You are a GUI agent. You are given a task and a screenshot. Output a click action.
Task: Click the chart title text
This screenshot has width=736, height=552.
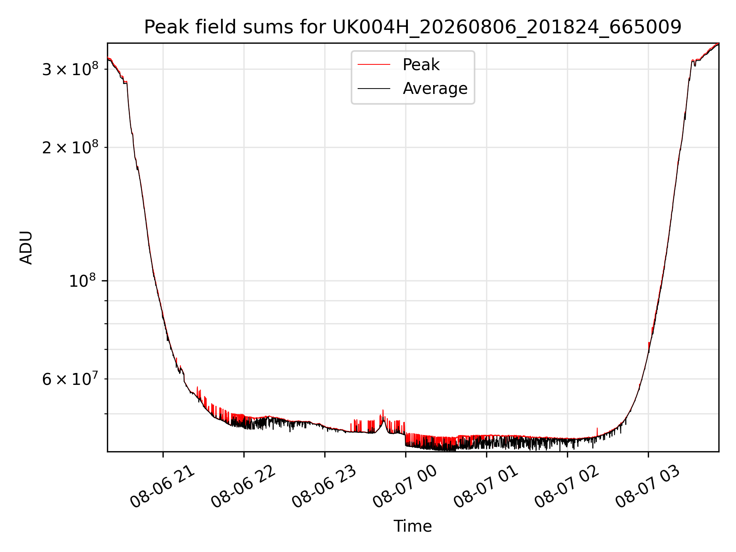click(413, 27)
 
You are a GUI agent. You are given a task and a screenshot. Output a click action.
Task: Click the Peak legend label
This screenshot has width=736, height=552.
click(421, 65)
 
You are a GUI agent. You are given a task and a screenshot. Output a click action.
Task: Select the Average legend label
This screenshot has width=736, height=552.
click(435, 89)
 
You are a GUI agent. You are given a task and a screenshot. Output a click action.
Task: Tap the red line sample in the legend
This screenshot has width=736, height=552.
click(374, 65)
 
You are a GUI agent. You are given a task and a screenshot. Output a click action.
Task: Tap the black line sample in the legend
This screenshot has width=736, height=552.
click(374, 89)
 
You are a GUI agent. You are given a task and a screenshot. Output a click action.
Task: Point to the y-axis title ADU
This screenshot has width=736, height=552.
click(26, 248)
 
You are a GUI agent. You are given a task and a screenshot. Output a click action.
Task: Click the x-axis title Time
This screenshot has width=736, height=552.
click(413, 526)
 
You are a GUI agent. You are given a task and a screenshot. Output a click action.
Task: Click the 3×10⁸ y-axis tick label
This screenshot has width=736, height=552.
click(70, 69)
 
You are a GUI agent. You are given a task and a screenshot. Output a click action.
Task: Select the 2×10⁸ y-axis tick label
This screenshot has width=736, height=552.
click(70, 147)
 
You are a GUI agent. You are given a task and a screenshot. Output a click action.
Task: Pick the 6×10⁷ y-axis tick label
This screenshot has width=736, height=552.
click(70, 379)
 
